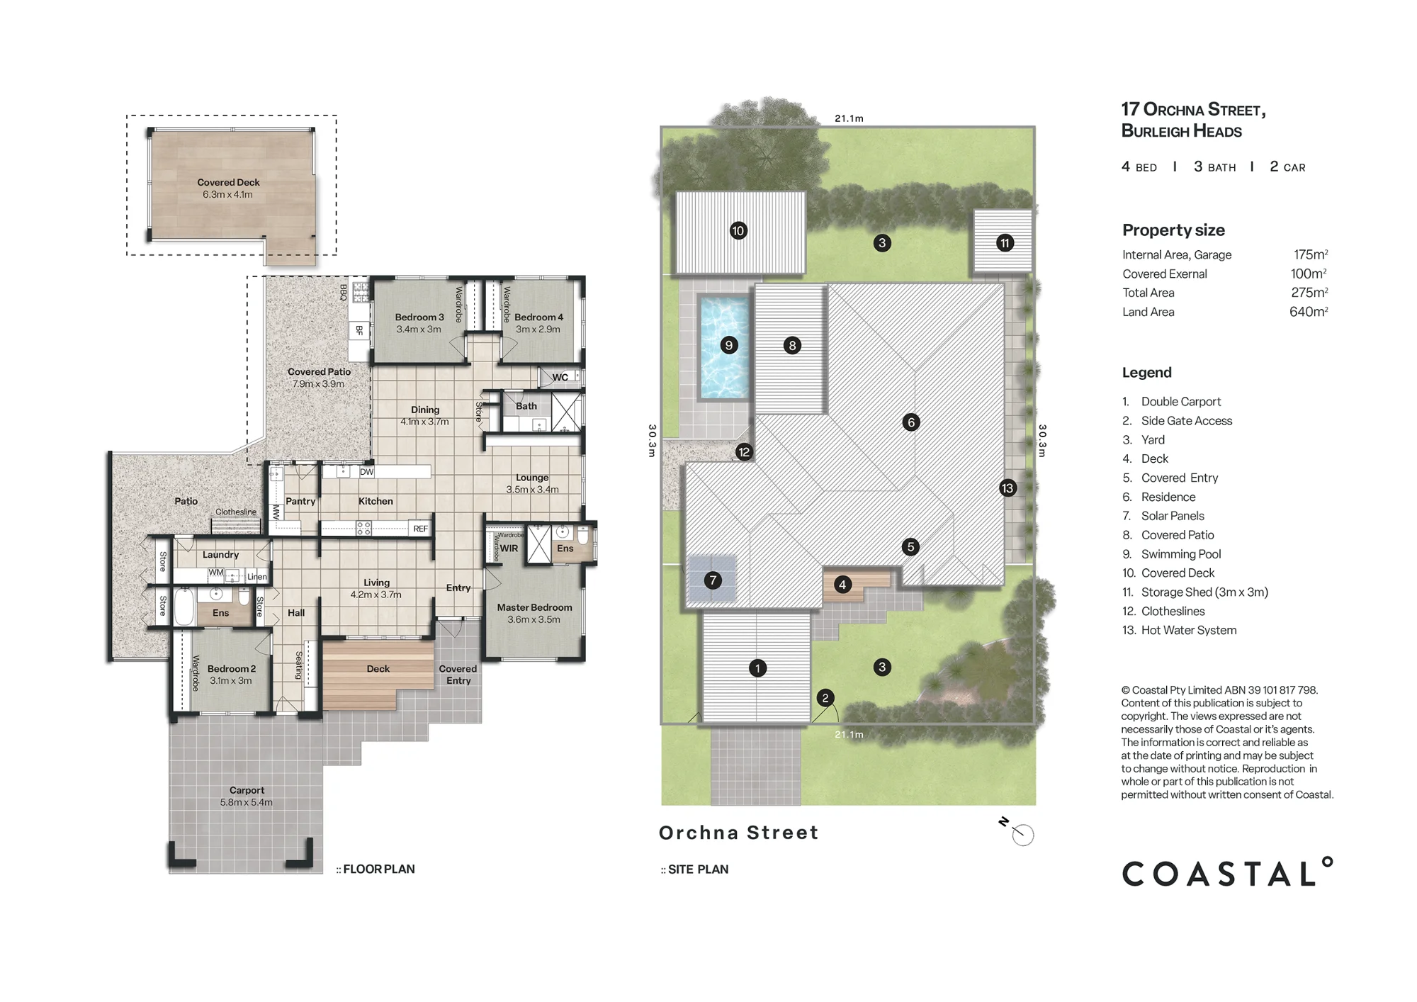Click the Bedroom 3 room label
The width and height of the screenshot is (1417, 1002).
click(x=419, y=317)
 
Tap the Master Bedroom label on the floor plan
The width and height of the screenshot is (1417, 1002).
click(x=534, y=607)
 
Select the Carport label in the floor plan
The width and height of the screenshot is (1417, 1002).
click(x=247, y=790)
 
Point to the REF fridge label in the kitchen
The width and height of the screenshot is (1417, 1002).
click(x=420, y=529)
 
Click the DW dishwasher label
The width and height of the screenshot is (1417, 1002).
click(x=366, y=472)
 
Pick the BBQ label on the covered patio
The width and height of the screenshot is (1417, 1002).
click(x=344, y=292)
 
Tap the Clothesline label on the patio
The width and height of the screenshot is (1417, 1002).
click(x=236, y=512)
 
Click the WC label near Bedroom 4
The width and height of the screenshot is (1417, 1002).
click(x=560, y=378)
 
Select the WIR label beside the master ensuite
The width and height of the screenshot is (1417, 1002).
click(x=509, y=548)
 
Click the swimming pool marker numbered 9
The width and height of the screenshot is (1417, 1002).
click(x=729, y=345)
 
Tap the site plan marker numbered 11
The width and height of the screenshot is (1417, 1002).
click(x=1005, y=243)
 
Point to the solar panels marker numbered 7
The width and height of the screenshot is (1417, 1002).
click(x=713, y=580)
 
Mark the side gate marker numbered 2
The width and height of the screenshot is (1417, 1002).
click(x=825, y=698)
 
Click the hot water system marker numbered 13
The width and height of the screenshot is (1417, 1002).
click(x=1007, y=488)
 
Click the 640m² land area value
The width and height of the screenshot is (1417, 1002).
click(x=1309, y=312)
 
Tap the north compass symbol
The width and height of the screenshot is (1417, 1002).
click(x=1017, y=831)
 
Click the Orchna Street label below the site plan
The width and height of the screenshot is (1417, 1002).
click(x=738, y=833)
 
